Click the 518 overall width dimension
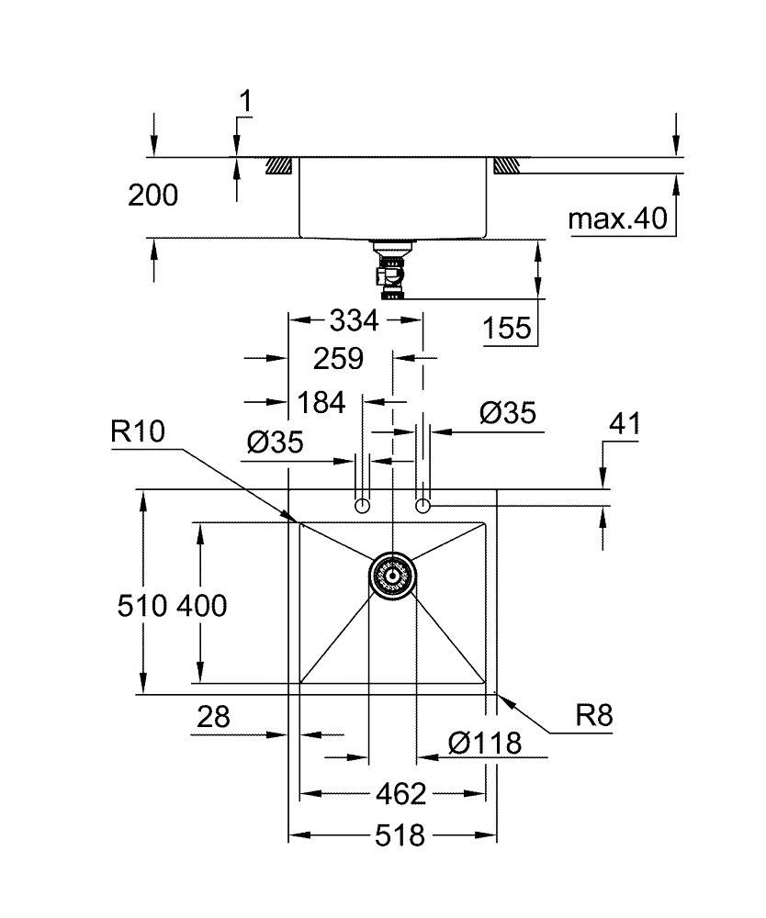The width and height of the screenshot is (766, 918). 400,835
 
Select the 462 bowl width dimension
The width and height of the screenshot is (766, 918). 400,792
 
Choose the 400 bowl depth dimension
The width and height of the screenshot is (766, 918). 201,606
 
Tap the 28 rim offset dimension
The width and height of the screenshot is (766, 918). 213,717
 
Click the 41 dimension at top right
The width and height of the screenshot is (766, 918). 625,424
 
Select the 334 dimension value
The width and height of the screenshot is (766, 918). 354,320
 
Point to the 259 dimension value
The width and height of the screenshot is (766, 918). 338,358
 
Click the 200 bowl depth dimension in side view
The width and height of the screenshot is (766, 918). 153,195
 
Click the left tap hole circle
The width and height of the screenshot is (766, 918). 363,505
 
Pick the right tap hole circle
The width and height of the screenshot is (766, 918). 422,505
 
